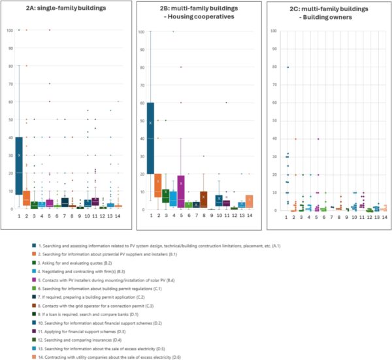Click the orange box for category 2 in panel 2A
[x=27, y=197]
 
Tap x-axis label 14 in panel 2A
[x=118, y=215]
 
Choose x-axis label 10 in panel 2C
[x=353, y=217]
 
